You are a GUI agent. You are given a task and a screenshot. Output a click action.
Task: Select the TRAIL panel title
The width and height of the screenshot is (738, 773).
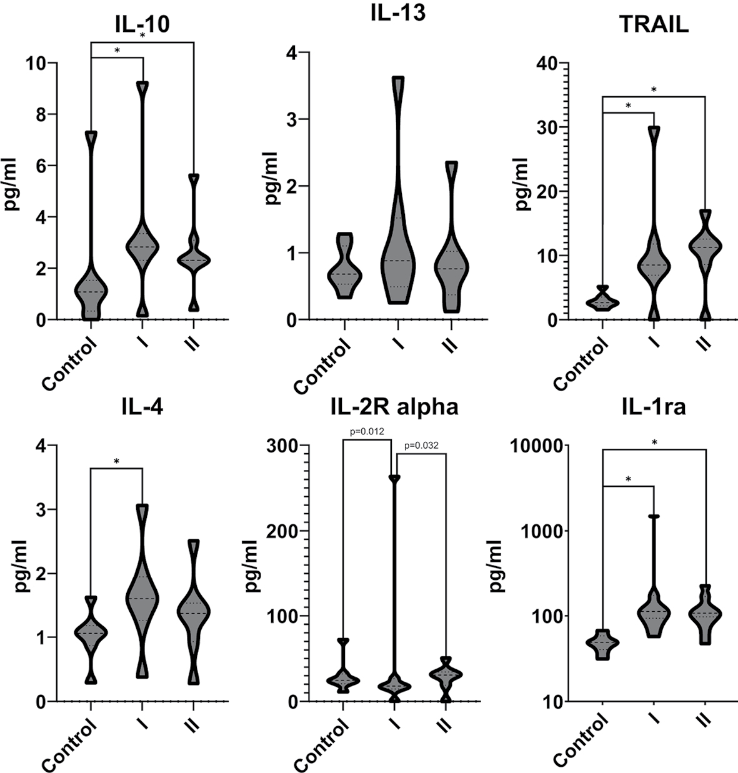coord(654,24)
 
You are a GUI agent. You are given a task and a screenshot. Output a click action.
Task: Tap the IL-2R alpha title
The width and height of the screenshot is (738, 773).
coord(394,407)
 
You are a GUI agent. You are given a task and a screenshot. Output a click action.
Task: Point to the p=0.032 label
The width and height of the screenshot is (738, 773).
coord(422,446)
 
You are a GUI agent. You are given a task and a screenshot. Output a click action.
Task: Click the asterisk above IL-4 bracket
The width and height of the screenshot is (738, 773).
coord(116,462)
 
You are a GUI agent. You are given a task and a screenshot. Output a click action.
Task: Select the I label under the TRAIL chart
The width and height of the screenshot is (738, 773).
coord(654,342)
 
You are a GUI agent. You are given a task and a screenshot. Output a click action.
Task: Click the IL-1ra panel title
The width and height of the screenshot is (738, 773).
coord(654,407)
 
